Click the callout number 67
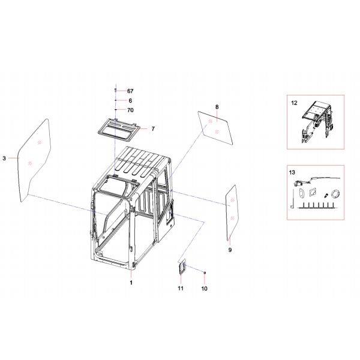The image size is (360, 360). click(130, 91)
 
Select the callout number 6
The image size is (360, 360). click(130, 101)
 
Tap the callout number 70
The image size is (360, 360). click(130, 110)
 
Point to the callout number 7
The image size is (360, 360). click(153, 129)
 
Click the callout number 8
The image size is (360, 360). click(217, 107)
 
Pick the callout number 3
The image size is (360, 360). click(4, 158)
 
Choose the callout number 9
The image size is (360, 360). click(230, 250)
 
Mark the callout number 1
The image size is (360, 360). click(131, 283)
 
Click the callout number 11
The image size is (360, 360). click(181, 288)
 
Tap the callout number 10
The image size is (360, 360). click(205, 289)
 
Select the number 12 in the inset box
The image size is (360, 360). click(294, 103)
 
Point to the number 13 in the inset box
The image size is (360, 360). click(292, 172)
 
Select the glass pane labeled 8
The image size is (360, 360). click(215, 128)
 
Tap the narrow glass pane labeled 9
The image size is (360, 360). click(232, 212)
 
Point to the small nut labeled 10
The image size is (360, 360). click(205, 272)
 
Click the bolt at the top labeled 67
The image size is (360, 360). click(115, 90)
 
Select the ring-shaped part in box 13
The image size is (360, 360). click(335, 194)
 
